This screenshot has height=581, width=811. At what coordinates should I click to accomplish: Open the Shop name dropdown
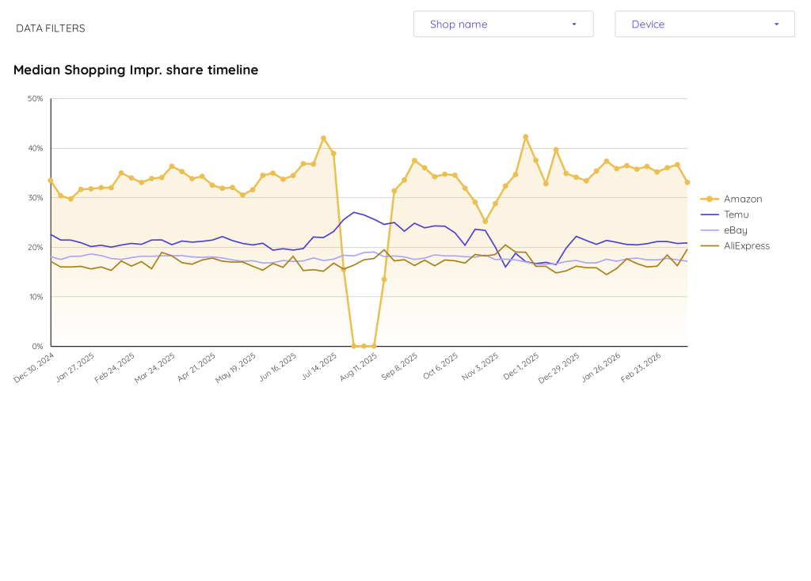pos(503,24)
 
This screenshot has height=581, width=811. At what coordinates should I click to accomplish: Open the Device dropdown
pos(704,24)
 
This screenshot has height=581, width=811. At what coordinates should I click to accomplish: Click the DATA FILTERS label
pos(51,28)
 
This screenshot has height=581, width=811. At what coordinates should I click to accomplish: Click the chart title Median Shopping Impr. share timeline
pos(135,70)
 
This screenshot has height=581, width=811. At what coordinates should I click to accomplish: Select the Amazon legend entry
pos(742,199)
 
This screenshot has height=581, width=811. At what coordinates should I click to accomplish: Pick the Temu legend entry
pos(736,215)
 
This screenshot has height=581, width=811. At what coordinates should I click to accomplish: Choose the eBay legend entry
pos(735,230)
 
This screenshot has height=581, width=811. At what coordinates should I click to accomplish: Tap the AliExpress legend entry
pos(746,246)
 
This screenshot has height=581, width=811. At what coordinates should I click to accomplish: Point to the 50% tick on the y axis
pos(36,99)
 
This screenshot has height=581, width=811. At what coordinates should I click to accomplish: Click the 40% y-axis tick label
pos(36,149)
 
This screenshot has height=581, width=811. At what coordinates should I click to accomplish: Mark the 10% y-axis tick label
pos(36,297)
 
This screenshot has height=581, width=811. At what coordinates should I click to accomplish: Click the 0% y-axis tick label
pos(37,347)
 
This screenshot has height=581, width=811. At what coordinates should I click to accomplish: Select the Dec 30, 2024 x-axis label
pos(35,367)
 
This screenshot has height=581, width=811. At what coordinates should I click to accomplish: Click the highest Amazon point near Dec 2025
pos(525,137)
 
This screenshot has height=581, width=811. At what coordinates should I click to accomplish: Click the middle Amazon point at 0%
pos(364,346)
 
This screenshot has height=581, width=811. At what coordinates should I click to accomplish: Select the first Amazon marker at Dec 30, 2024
pos(51,180)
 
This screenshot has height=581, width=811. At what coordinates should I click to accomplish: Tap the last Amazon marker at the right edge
pos(687,182)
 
